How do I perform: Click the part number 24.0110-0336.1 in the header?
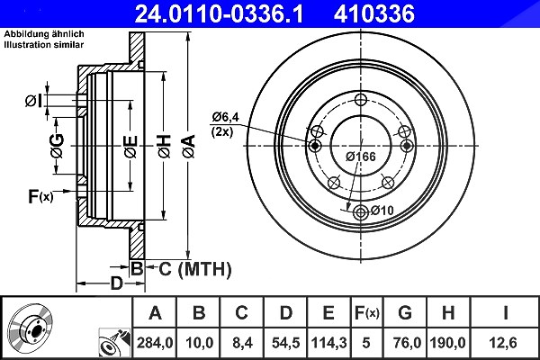[x=219, y=13]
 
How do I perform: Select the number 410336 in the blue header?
[x=374, y=13]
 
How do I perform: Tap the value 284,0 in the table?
[x=155, y=343]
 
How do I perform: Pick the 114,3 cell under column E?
[x=328, y=343]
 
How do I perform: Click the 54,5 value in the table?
[x=285, y=343]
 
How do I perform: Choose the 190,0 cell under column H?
[x=447, y=343]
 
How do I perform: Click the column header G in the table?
[x=405, y=313]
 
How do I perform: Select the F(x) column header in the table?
[x=367, y=313]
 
